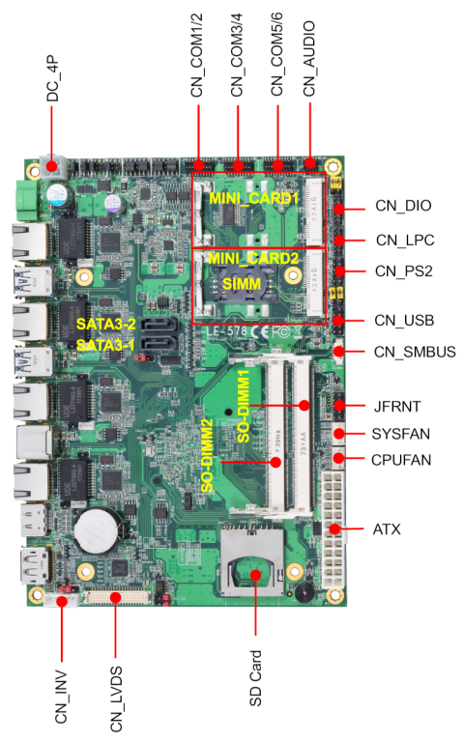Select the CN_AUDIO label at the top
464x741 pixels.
[x=309, y=57]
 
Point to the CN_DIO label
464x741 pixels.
[x=403, y=206]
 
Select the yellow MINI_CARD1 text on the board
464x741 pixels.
[x=246, y=197]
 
